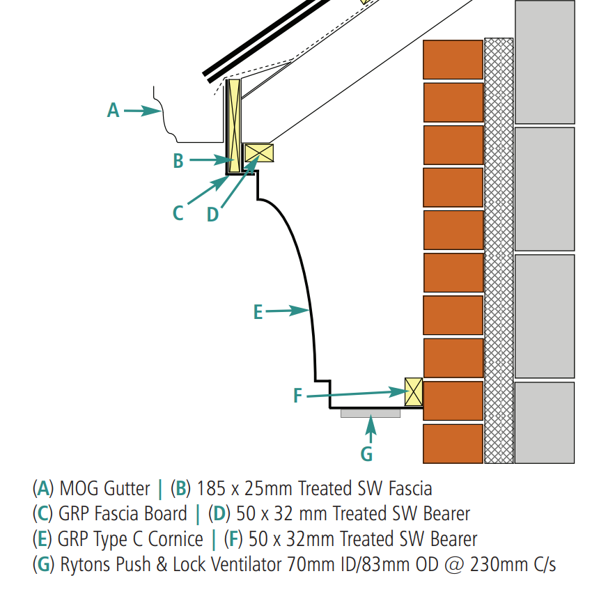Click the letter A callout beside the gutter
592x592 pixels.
113,110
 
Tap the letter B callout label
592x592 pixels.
178,161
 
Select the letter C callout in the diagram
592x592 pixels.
178,212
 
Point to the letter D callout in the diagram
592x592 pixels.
212,215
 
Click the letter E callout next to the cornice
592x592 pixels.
258,313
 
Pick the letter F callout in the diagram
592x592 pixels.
297,396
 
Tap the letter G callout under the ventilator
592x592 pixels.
366,454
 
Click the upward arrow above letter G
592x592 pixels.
371,429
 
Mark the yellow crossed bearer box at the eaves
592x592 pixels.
259,153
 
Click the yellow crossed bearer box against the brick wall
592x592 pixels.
414,391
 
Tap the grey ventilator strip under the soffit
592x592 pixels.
371,414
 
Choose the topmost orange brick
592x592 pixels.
453,60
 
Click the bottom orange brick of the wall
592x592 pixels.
453,443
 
